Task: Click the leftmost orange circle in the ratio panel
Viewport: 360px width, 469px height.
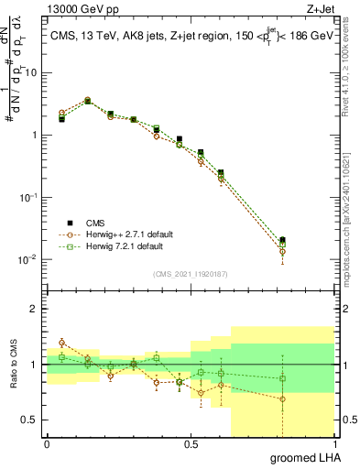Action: coord(61,343)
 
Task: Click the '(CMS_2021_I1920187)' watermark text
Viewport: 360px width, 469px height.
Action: coord(191,273)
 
